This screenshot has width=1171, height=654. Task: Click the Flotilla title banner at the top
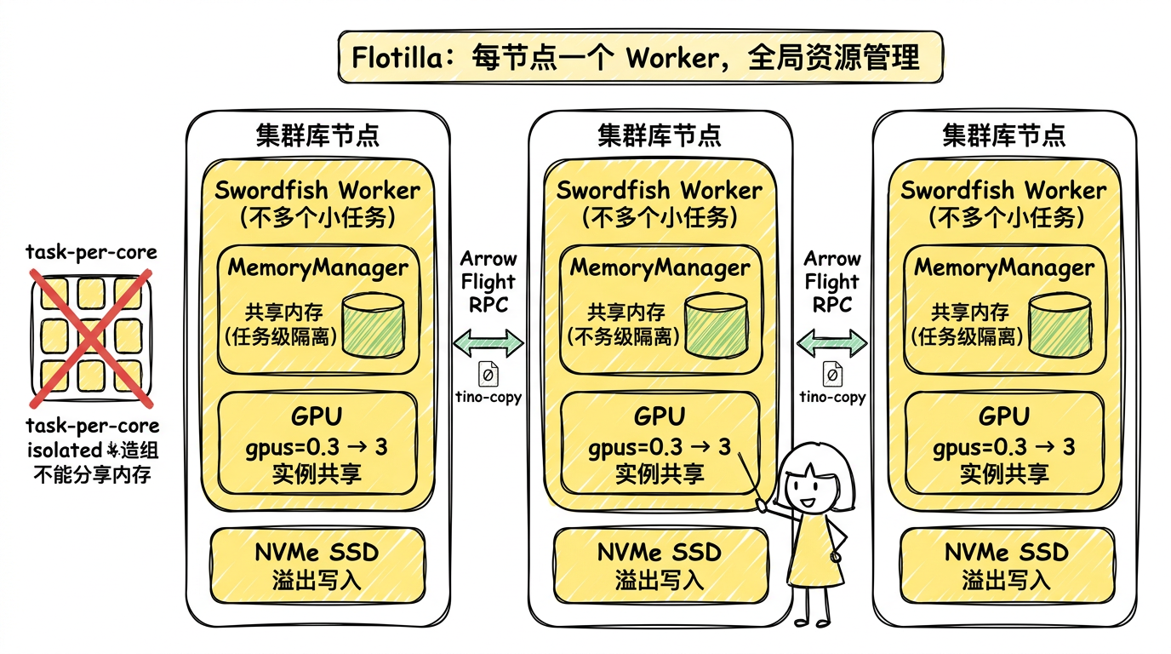640,57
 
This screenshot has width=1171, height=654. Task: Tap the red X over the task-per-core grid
92,336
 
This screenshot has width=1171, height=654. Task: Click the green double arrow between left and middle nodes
489,343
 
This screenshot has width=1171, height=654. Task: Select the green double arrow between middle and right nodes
831,342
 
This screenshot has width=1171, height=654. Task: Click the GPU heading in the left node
317,416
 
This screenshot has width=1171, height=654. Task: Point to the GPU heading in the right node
1004,416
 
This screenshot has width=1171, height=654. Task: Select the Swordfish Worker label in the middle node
660,190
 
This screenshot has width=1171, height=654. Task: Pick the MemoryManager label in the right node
1004,267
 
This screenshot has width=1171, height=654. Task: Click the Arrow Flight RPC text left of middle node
489,281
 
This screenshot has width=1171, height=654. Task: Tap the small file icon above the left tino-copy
489,375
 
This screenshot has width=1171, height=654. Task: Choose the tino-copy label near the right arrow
832,397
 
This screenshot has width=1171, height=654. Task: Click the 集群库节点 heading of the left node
317,135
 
